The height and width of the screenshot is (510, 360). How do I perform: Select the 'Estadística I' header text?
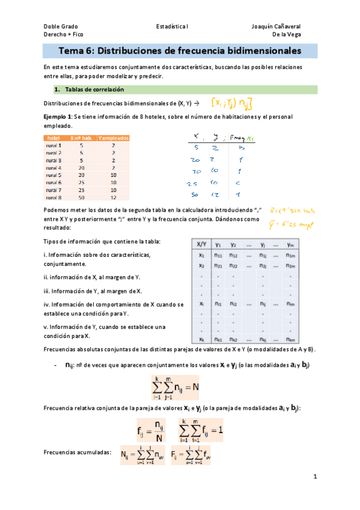coord(172,27)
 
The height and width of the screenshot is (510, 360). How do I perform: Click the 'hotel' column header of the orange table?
coord(53,138)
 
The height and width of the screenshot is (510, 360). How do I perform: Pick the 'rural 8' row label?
coord(53,197)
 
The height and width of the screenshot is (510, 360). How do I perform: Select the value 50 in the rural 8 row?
coord(81,197)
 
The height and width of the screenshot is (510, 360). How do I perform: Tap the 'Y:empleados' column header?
coord(113,138)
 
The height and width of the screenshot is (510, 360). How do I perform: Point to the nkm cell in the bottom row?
coord(291,339)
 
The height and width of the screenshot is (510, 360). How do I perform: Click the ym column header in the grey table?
coord(291,245)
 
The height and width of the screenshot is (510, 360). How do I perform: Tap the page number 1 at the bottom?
coord(314,476)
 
